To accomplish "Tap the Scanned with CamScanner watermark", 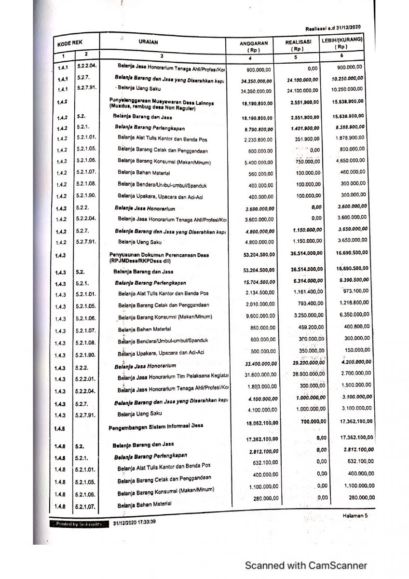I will (306, 565).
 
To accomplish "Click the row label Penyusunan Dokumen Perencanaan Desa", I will (159, 255).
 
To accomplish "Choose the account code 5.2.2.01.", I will (87, 379).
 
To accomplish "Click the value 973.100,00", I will (355, 291).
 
